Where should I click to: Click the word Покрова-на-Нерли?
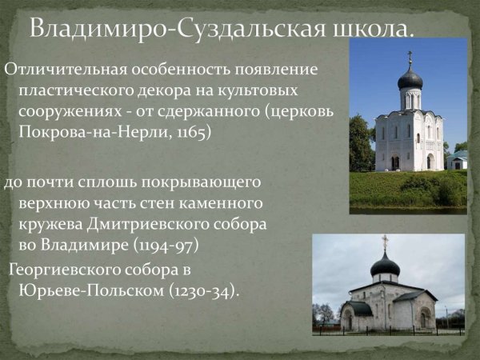click(x=89, y=131)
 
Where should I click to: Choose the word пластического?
click(x=76, y=90)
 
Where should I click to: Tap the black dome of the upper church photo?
click(x=410, y=78)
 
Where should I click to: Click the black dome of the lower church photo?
click(x=385, y=264)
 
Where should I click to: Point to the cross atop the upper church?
click(x=410, y=58)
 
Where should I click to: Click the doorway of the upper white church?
click(x=395, y=162)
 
